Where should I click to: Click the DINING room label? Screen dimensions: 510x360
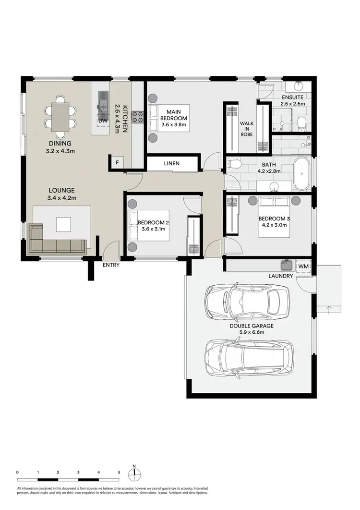[x=60, y=143]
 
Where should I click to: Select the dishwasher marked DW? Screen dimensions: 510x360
[x=102, y=121]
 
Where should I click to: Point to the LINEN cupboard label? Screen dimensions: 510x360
[x=171, y=164]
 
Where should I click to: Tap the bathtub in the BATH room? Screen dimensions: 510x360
[x=302, y=174]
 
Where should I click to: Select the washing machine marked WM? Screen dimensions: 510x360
[x=303, y=266]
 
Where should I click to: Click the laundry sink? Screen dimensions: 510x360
[x=287, y=265]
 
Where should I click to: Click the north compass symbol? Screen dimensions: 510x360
[x=135, y=474]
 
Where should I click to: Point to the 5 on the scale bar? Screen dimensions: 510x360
[x=119, y=473]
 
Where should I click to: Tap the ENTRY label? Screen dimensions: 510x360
[x=111, y=265]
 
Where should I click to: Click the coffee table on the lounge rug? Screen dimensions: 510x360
[x=63, y=224]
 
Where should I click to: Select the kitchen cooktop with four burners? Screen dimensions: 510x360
[x=138, y=116]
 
